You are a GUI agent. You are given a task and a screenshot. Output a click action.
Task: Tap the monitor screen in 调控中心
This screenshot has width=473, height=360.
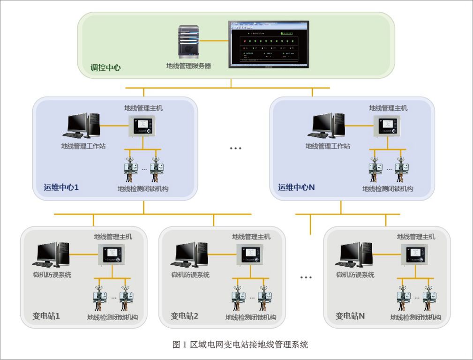pos(269,44)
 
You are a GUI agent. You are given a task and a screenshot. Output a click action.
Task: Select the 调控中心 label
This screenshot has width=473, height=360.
pos(105,67)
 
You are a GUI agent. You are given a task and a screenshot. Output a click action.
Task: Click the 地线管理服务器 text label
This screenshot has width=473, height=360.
pos(188,66)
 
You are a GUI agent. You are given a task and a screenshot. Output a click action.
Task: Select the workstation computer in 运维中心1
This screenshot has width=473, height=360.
pos(83,126)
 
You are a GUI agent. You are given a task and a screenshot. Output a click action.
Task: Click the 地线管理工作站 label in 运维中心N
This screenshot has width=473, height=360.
pos(328,146)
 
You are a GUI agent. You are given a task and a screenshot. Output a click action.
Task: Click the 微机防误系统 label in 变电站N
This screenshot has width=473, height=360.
pos(355,275)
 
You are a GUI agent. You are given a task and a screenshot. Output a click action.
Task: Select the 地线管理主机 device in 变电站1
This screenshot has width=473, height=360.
pos(112,255)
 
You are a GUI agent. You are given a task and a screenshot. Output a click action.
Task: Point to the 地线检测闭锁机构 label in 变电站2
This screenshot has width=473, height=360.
pos(251,317)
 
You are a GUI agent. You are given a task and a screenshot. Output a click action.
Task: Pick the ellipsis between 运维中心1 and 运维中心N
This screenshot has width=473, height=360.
pos(235,148)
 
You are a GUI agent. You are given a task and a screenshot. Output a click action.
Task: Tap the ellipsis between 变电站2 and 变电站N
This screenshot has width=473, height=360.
pos(306,277)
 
